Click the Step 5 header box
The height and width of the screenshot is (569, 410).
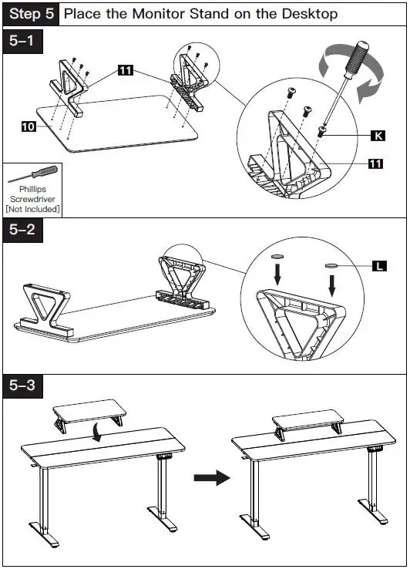coord(31,14)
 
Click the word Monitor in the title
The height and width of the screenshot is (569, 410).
coord(159,14)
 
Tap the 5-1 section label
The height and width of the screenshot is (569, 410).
coord(22,40)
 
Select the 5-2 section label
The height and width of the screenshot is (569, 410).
coord(22,230)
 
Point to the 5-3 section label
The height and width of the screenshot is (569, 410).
coord(22,386)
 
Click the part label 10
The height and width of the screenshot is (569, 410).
coord(29,126)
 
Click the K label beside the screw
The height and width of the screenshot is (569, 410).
coord(378,136)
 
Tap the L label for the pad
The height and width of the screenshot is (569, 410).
coord(379,266)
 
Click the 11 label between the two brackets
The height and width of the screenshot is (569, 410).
coord(126,69)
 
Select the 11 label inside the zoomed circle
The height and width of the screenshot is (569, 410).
coord(376,163)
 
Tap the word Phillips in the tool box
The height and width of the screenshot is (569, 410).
coord(32,189)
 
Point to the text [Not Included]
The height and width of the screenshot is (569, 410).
coord(32,209)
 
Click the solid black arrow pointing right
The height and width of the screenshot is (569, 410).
coord(212,477)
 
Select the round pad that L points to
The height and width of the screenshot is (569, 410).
coord(331,266)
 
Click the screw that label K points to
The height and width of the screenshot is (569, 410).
coord(321,131)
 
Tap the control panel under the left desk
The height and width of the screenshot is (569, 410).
coord(164,456)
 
